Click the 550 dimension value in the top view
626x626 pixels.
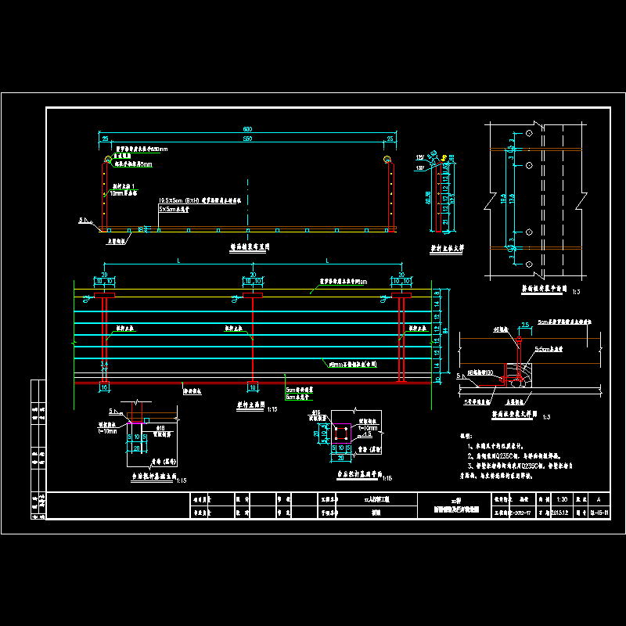pos(246,139)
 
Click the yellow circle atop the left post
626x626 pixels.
pos(106,161)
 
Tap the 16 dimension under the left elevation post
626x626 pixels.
pos(103,387)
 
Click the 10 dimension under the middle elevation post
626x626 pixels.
pos(252,387)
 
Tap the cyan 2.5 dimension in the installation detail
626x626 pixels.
pos(526,323)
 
